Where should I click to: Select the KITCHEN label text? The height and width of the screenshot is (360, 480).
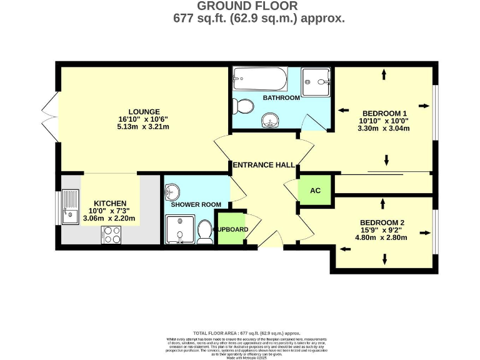(110, 204)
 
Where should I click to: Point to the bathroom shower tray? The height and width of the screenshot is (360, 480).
(316, 79)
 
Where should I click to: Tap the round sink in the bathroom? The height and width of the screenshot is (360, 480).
(271, 119)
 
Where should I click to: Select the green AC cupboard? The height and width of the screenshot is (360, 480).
(316, 191)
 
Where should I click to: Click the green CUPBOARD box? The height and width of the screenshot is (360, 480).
(231, 229)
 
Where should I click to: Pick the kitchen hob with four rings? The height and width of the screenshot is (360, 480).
(112, 234)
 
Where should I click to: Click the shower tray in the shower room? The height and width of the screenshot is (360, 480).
(180, 229)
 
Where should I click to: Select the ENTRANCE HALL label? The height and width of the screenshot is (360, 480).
(263, 165)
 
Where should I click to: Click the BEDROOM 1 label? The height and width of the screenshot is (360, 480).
(384, 113)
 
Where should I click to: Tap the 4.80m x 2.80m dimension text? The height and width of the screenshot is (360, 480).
(382, 238)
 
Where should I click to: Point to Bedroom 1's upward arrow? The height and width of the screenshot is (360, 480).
(383, 74)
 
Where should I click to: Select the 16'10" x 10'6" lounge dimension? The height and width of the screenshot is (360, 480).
(143, 119)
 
